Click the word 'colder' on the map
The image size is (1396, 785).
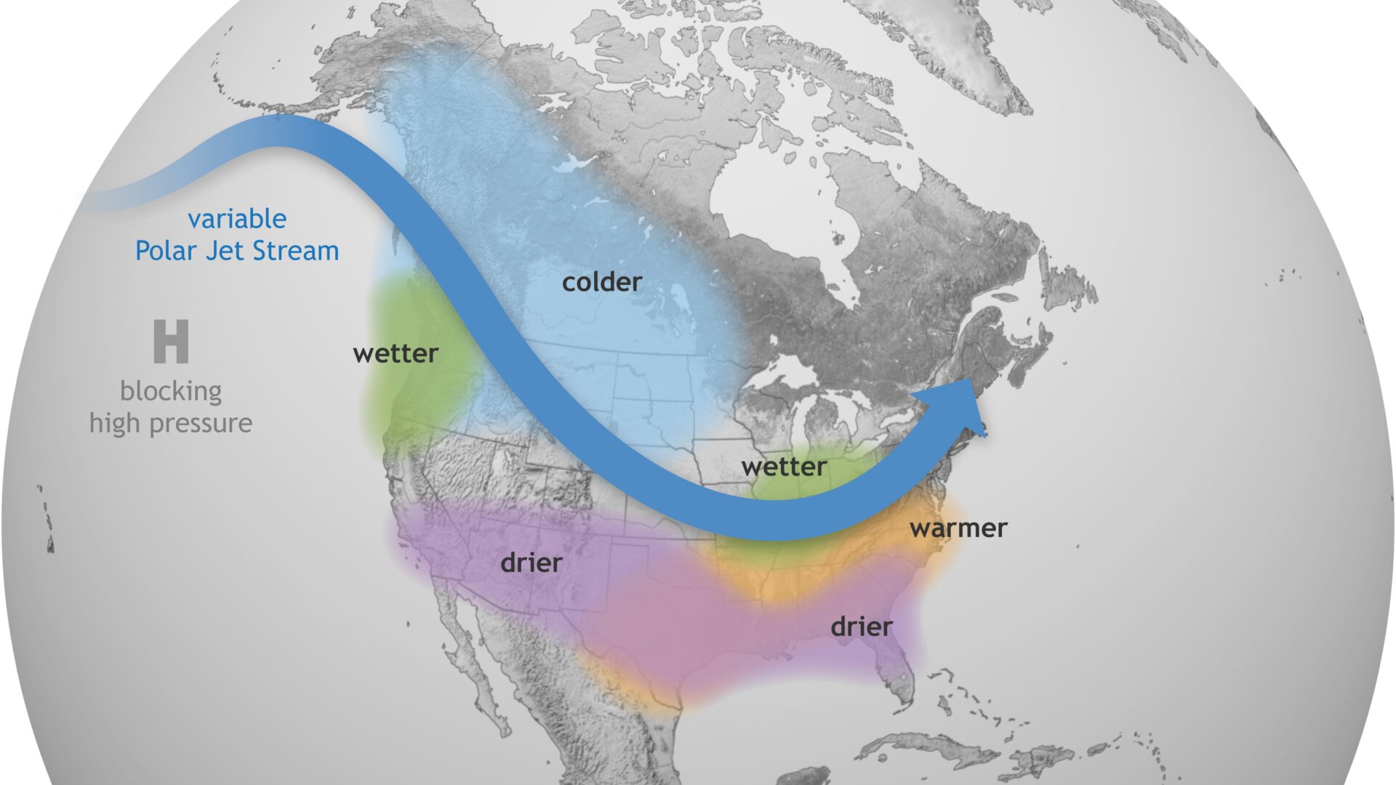pyautogui.click(x=602, y=282)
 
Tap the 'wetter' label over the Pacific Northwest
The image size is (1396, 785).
pyautogui.click(x=396, y=354)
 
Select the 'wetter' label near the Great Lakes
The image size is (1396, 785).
pyautogui.click(x=784, y=467)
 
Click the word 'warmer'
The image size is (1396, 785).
pyautogui.click(x=958, y=528)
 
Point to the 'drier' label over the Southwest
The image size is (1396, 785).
pyautogui.click(x=531, y=563)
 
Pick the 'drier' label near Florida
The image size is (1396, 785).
pyautogui.click(x=862, y=627)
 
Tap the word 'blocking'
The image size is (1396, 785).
pyautogui.click(x=171, y=391)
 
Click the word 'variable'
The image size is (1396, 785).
pyautogui.click(x=237, y=219)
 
